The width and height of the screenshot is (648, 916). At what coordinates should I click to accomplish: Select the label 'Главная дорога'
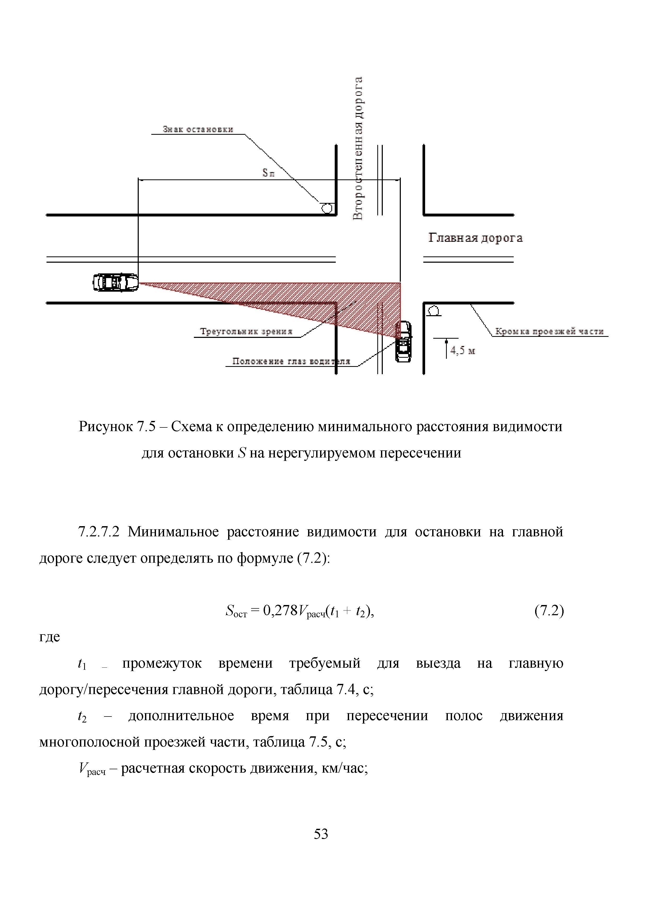tap(475, 238)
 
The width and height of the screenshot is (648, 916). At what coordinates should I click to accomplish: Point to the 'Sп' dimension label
tap(268, 173)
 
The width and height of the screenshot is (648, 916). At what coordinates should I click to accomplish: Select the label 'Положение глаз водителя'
tap(291, 361)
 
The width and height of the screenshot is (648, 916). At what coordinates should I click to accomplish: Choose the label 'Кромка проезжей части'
tap(549, 332)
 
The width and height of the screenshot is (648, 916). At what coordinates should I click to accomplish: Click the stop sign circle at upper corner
tap(327, 208)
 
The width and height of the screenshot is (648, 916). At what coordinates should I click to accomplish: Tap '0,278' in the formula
tap(280, 611)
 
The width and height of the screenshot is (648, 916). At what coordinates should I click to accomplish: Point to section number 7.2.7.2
tap(99, 532)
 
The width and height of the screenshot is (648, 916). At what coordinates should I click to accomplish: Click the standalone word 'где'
tap(49, 637)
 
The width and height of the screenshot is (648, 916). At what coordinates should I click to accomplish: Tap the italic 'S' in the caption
tap(241, 453)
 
